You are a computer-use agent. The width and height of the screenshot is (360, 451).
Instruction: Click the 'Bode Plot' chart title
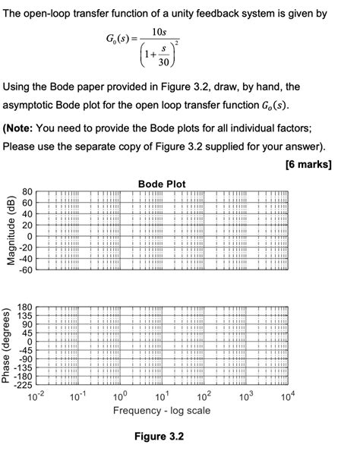coord(162,184)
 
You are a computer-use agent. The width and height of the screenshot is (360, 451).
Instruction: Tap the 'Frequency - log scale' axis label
coord(163,411)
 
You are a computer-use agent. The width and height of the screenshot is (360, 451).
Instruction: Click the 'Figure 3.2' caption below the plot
coord(159,437)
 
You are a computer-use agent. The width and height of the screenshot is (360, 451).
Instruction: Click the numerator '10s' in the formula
coord(159,32)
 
